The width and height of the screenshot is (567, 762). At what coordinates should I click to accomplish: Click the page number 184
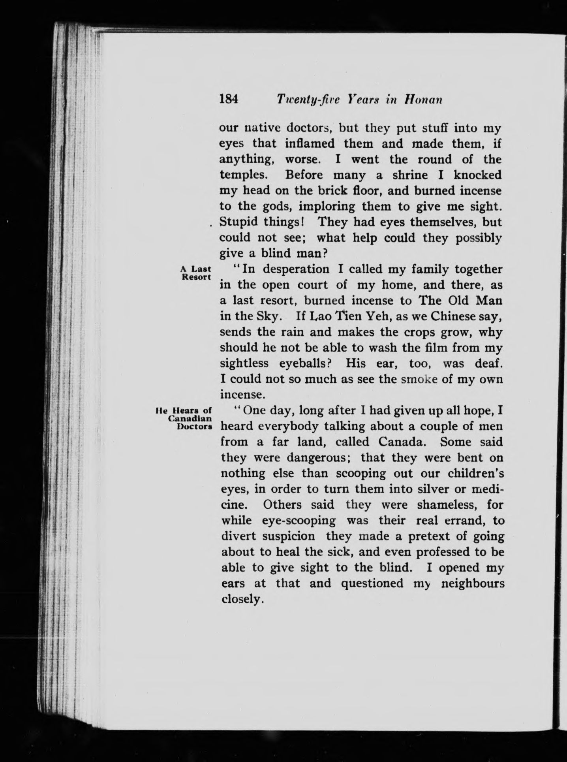coord(229,99)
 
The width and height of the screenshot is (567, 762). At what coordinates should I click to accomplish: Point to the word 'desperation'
coord(296,269)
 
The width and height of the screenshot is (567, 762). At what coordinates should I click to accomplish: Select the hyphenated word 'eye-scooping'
coord(299,520)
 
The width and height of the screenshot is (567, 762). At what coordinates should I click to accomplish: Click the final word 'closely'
coord(242,599)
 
